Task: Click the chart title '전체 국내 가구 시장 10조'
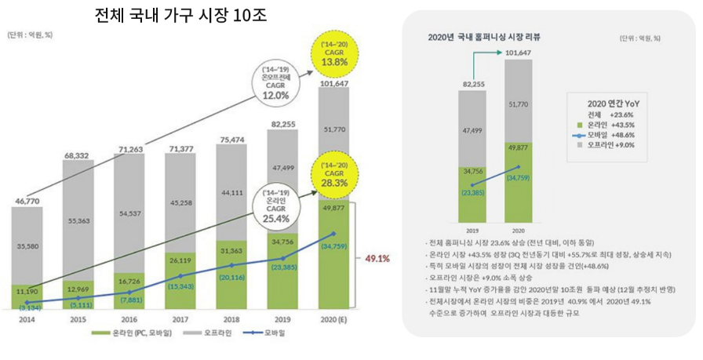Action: coord(180,15)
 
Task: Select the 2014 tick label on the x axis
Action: coord(27,320)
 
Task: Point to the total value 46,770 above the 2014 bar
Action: coord(27,202)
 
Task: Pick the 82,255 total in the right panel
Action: coord(473,83)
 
